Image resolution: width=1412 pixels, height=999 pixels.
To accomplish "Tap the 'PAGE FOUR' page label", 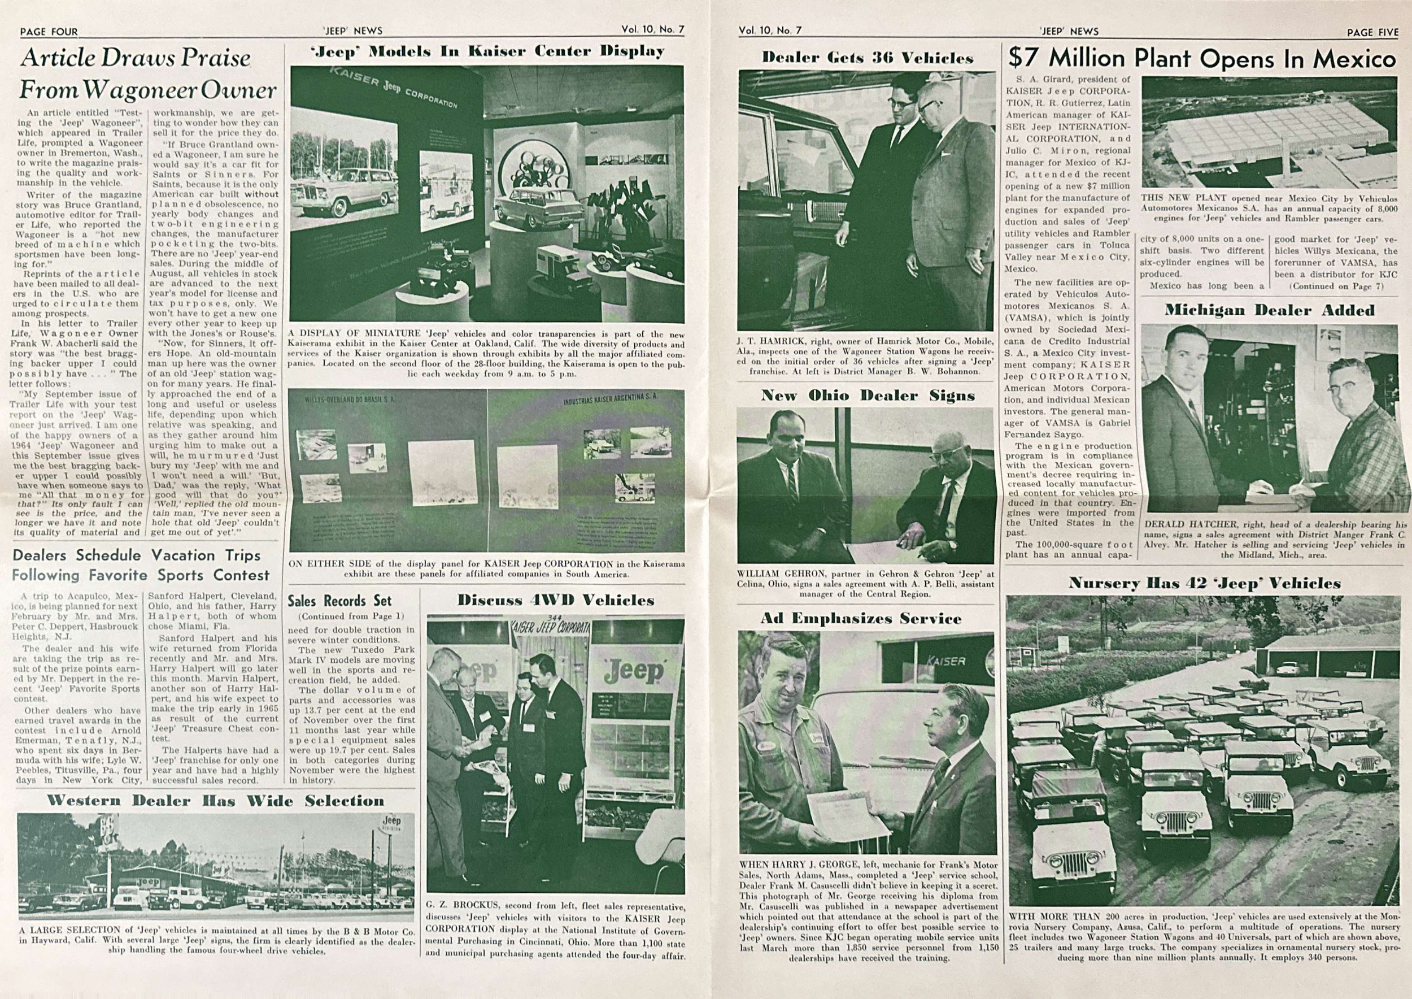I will (49, 32).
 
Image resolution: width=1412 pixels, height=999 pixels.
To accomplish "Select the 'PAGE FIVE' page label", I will (1372, 32).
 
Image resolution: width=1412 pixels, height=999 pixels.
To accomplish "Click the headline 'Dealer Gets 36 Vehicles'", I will (867, 58).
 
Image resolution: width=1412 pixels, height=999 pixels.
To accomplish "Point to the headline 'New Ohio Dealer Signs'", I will (868, 395).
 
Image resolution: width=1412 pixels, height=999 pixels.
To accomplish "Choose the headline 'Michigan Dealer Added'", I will (1269, 310).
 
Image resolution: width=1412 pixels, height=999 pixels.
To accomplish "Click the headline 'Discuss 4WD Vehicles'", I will (555, 600).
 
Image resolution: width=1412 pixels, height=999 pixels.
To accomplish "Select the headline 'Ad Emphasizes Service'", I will (860, 618).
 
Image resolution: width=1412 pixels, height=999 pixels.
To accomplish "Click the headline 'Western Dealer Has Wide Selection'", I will (215, 800).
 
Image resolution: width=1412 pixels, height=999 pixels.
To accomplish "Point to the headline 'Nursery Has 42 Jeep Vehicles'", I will (1204, 583).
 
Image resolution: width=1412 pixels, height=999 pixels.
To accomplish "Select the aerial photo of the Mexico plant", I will (1269, 132).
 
